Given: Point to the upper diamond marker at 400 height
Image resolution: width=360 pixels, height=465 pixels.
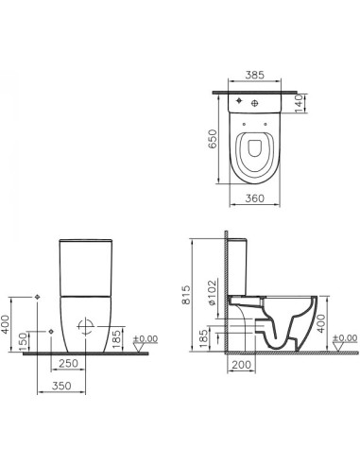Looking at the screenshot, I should [x=37, y=297].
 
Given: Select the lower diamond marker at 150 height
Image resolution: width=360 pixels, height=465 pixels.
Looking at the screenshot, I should [x=48, y=331].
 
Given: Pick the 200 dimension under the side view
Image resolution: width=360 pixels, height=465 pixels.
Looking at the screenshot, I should [x=240, y=364].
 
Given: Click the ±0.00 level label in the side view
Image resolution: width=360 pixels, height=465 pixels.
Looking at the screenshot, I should [x=345, y=338].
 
